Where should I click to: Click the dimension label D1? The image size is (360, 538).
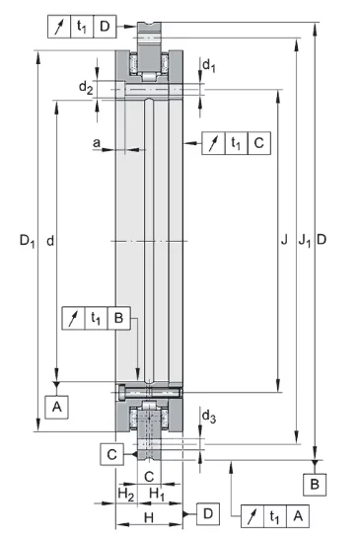click(x=27, y=241)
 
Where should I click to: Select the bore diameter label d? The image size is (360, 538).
click(x=50, y=241)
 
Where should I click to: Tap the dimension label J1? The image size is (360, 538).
click(x=304, y=240)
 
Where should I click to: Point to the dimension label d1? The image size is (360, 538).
click(x=209, y=65)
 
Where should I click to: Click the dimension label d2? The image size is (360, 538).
click(x=86, y=88)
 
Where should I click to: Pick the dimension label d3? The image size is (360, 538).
click(x=209, y=417)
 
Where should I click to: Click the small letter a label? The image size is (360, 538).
click(x=97, y=142)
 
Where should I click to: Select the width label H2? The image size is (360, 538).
click(x=126, y=495)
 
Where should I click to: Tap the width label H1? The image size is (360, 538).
click(x=158, y=495)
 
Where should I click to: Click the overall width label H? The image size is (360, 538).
click(x=149, y=517)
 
